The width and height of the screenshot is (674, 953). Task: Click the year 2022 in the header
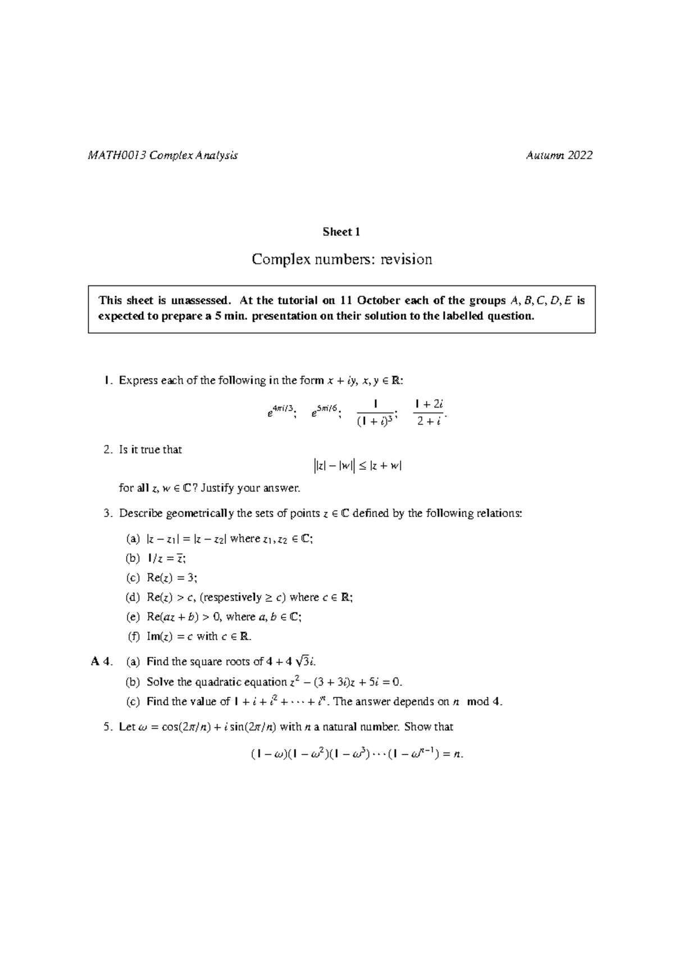tap(579, 156)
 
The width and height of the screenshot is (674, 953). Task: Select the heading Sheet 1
tap(341, 232)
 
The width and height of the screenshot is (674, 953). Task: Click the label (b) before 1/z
tap(133, 559)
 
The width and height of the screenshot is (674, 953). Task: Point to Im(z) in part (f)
tap(158, 637)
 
